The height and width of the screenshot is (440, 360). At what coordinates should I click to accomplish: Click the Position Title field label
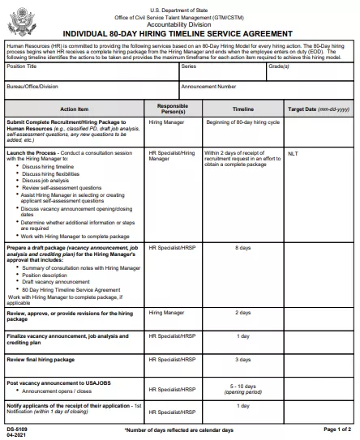pos(22,68)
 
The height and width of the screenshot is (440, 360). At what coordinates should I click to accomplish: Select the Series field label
pos(188,68)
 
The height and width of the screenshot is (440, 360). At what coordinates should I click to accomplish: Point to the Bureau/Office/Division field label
pos(32,85)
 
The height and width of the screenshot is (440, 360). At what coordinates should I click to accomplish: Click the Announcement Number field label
pos(209,85)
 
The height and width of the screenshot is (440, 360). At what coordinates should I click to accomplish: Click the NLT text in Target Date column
pos(293,152)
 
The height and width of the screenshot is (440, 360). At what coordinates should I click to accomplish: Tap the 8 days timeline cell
pos(242,247)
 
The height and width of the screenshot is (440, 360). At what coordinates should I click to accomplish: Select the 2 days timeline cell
pos(242,312)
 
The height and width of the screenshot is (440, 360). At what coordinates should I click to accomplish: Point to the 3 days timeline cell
pos(242,359)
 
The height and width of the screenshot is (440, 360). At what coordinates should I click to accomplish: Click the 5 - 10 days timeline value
pos(242,387)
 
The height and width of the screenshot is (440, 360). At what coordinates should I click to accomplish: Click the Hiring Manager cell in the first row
pos(167,122)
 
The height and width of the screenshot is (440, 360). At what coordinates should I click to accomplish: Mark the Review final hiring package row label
pos(41,359)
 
